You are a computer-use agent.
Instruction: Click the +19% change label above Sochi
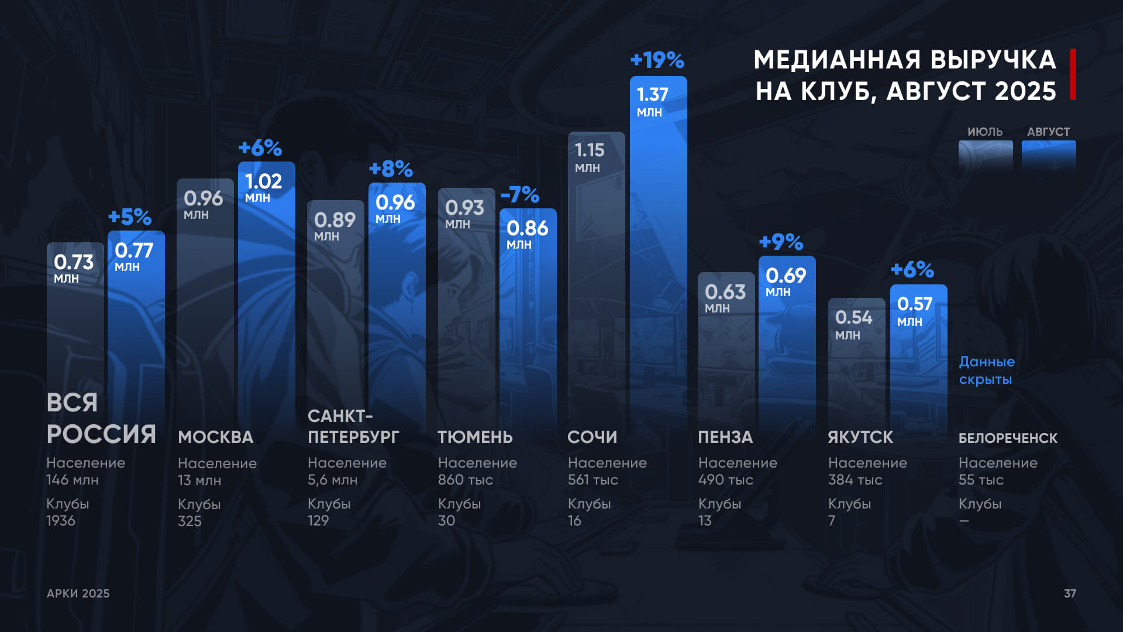[657, 60]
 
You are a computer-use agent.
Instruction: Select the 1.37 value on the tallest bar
[652, 94]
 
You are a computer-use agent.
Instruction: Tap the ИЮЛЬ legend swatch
[986, 155]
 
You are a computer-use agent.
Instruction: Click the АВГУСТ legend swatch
[1049, 155]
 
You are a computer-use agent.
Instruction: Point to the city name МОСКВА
[215, 437]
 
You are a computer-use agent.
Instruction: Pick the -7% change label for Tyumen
[519, 194]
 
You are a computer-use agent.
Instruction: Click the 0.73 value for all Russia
[74, 262]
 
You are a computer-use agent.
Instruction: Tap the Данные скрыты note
[987, 370]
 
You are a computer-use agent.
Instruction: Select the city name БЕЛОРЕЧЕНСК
[1008, 438]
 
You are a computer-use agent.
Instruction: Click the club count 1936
[61, 521]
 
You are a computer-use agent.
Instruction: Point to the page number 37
[1070, 593]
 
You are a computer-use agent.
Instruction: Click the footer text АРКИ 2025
[78, 593]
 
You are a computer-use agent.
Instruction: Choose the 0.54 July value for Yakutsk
[853, 317]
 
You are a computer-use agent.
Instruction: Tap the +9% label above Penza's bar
[781, 242]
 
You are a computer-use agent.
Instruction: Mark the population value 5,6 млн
[332, 480]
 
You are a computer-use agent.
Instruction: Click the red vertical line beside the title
[1073, 74]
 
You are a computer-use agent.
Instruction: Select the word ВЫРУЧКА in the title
[993, 60]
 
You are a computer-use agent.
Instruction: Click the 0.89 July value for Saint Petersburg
[335, 220]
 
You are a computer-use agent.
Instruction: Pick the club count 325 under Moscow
[190, 521]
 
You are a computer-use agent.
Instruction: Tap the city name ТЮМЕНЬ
[475, 437]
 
